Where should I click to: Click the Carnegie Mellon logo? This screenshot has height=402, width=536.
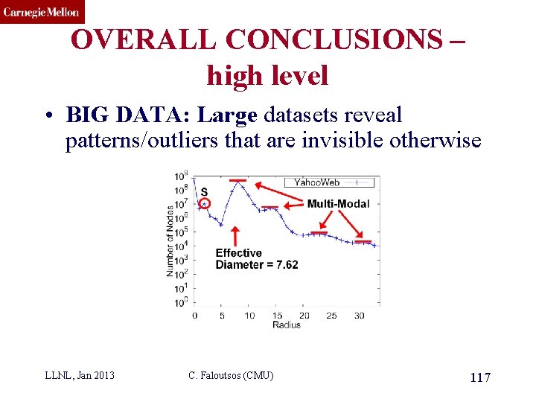click(42, 11)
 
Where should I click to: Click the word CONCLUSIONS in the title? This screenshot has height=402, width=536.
click(327, 39)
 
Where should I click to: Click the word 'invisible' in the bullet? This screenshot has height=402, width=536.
click(343, 141)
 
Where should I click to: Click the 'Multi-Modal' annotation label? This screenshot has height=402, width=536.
click(338, 203)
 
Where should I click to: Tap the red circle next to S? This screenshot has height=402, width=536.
click(204, 203)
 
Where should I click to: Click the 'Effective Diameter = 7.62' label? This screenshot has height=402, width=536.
click(256, 259)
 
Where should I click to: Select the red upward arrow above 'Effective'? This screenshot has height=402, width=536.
click(236, 235)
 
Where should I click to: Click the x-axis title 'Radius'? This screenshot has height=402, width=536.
click(287, 325)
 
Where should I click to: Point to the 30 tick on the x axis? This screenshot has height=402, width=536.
click(359, 316)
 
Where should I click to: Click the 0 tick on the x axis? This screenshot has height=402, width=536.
click(194, 316)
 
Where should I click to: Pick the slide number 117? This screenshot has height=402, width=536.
click(480, 378)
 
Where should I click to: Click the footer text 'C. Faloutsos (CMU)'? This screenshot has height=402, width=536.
click(231, 375)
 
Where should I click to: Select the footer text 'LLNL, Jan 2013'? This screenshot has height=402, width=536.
click(80, 375)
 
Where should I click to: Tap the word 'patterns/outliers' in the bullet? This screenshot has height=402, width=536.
click(142, 141)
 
